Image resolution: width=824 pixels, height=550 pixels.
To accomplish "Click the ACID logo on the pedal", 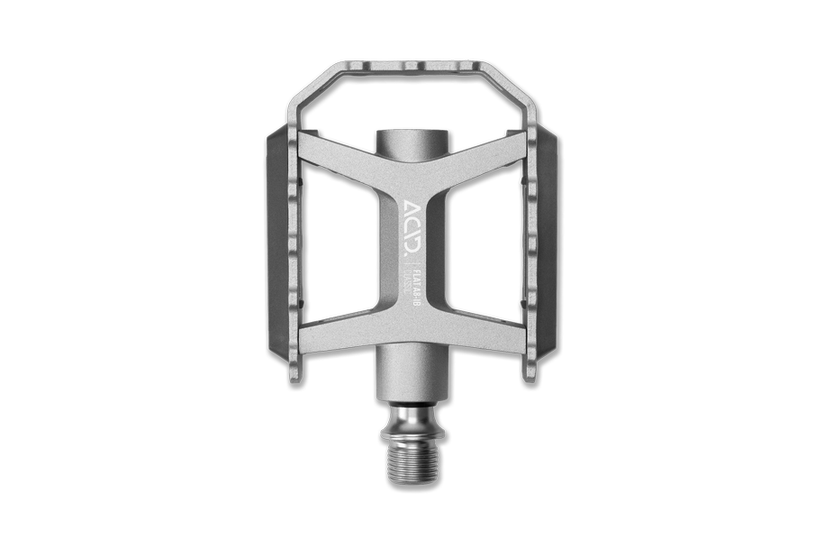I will point(411,221).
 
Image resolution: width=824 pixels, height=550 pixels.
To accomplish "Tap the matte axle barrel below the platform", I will point(412,379).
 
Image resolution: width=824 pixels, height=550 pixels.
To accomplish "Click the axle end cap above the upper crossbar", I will point(412,141).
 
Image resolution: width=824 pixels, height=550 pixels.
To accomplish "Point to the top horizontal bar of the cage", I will point(412,69).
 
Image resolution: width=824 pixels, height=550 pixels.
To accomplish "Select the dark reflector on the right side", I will point(547,234).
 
